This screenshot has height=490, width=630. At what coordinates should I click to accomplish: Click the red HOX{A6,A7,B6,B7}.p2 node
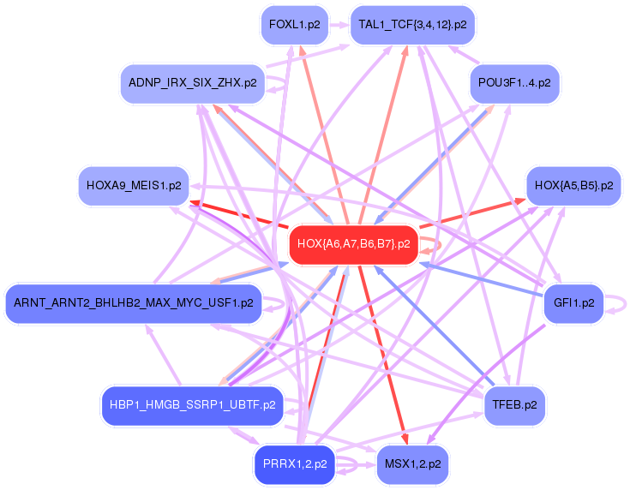pos(353,244)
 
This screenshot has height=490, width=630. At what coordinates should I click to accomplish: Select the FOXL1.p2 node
pos(294,25)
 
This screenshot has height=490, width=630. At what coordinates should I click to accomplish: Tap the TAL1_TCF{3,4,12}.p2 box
pos(412,25)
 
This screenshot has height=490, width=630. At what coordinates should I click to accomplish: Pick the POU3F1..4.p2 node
pos(514,83)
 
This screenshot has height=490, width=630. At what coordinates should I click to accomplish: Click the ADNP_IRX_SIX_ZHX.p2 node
pos(191,83)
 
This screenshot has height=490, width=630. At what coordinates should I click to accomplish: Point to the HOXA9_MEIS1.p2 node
pos(134,185)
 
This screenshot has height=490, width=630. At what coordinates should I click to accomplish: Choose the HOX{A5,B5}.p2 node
pos(573,185)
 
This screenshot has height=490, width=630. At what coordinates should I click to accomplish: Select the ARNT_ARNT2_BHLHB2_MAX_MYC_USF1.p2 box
pos(133,303)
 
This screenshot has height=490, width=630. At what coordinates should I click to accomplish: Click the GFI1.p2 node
pos(573,303)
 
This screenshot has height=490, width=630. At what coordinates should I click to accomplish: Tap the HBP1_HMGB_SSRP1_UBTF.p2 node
pos(192,405)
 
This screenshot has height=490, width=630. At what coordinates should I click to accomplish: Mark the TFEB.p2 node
pos(514,405)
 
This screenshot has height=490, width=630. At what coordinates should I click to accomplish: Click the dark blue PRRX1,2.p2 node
pos(295,464)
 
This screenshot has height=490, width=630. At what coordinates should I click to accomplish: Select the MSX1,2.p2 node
pos(412,464)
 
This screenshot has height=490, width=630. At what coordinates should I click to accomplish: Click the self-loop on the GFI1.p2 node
pos(620,303)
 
